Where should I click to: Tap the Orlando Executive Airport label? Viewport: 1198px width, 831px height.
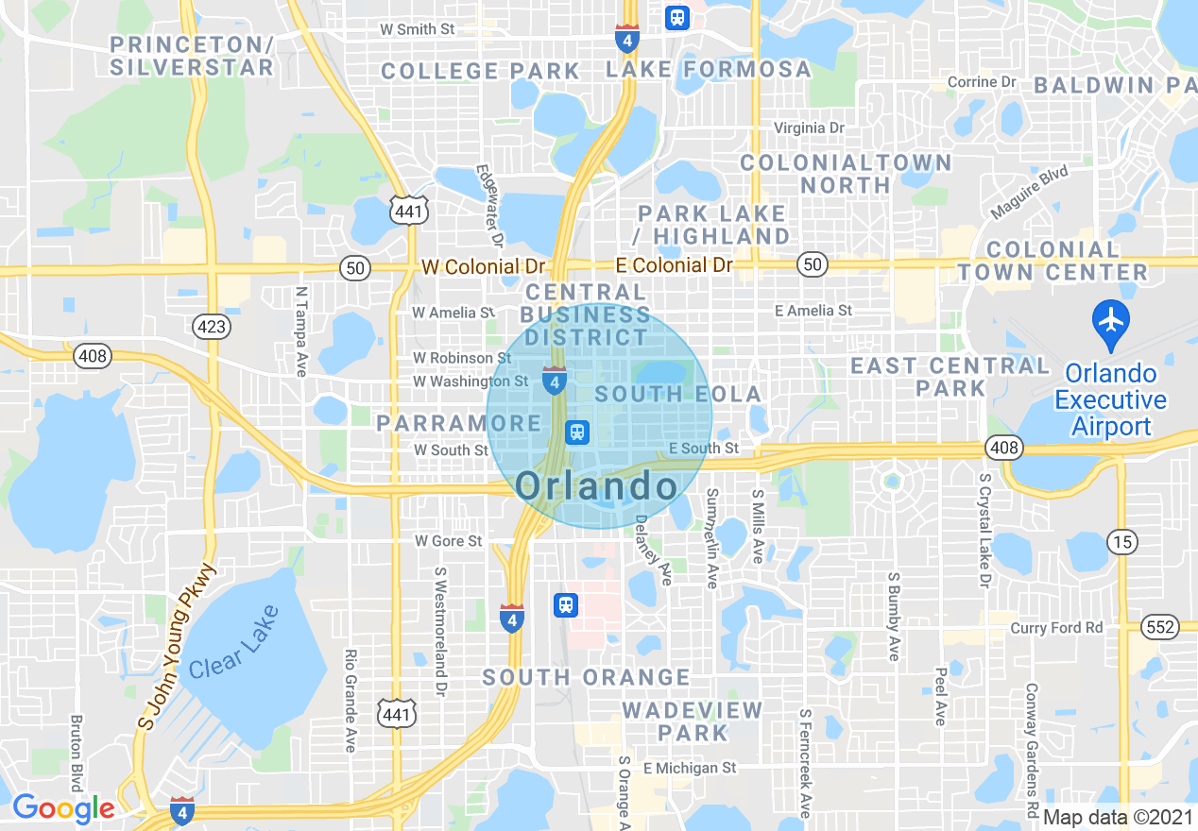(x=1110, y=399)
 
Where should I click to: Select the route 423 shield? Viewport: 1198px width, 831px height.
(x=209, y=327)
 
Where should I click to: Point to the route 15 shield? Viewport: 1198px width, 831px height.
(x=1122, y=542)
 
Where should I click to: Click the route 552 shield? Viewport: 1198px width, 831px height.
(x=1159, y=627)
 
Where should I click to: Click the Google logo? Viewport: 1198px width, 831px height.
(x=63, y=808)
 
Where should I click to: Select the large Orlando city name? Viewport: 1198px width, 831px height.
(x=597, y=486)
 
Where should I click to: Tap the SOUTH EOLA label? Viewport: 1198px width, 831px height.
(x=678, y=394)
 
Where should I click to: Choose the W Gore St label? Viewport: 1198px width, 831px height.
(x=449, y=541)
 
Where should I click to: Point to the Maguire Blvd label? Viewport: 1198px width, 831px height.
(x=1030, y=193)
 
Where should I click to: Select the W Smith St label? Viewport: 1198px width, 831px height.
(x=417, y=29)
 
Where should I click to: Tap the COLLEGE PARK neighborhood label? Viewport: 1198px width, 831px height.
(x=481, y=71)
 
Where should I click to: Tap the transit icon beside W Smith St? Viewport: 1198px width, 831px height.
(x=676, y=17)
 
